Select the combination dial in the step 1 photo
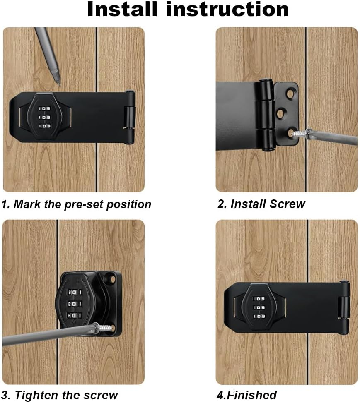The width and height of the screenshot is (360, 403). coord(45,117)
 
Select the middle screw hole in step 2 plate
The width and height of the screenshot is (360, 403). coord(281,113)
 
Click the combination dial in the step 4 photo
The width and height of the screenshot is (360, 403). coord(259,307)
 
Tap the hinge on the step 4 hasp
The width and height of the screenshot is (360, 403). coord(344,307)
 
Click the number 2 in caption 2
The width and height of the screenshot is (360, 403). coord(221,204)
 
